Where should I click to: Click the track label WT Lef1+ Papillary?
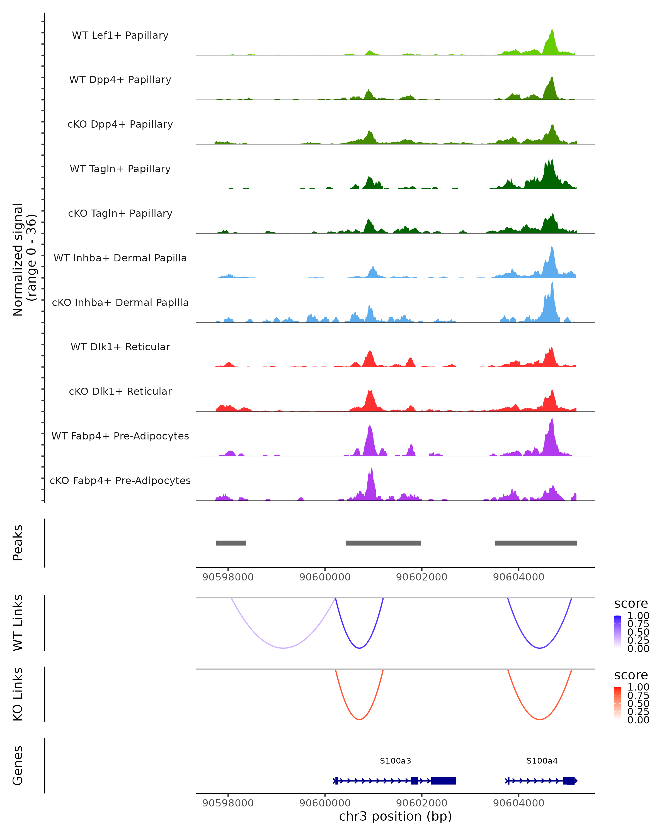tap(120, 35)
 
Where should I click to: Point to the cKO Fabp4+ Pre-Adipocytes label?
tap(120, 480)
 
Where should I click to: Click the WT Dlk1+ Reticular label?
tap(120, 347)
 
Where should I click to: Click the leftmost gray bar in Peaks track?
tap(231, 543)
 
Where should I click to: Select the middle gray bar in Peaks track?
tap(383, 543)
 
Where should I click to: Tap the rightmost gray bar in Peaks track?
tap(536, 543)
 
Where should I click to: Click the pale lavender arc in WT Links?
tap(284, 648)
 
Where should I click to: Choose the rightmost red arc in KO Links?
tap(539, 719)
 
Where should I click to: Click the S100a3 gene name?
tap(395, 761)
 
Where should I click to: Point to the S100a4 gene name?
tap(542, 761)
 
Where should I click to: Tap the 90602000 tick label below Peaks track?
tap(421, 577)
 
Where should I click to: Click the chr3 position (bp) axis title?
tap(395, 816)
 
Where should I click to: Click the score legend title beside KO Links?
tap(631, 675)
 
